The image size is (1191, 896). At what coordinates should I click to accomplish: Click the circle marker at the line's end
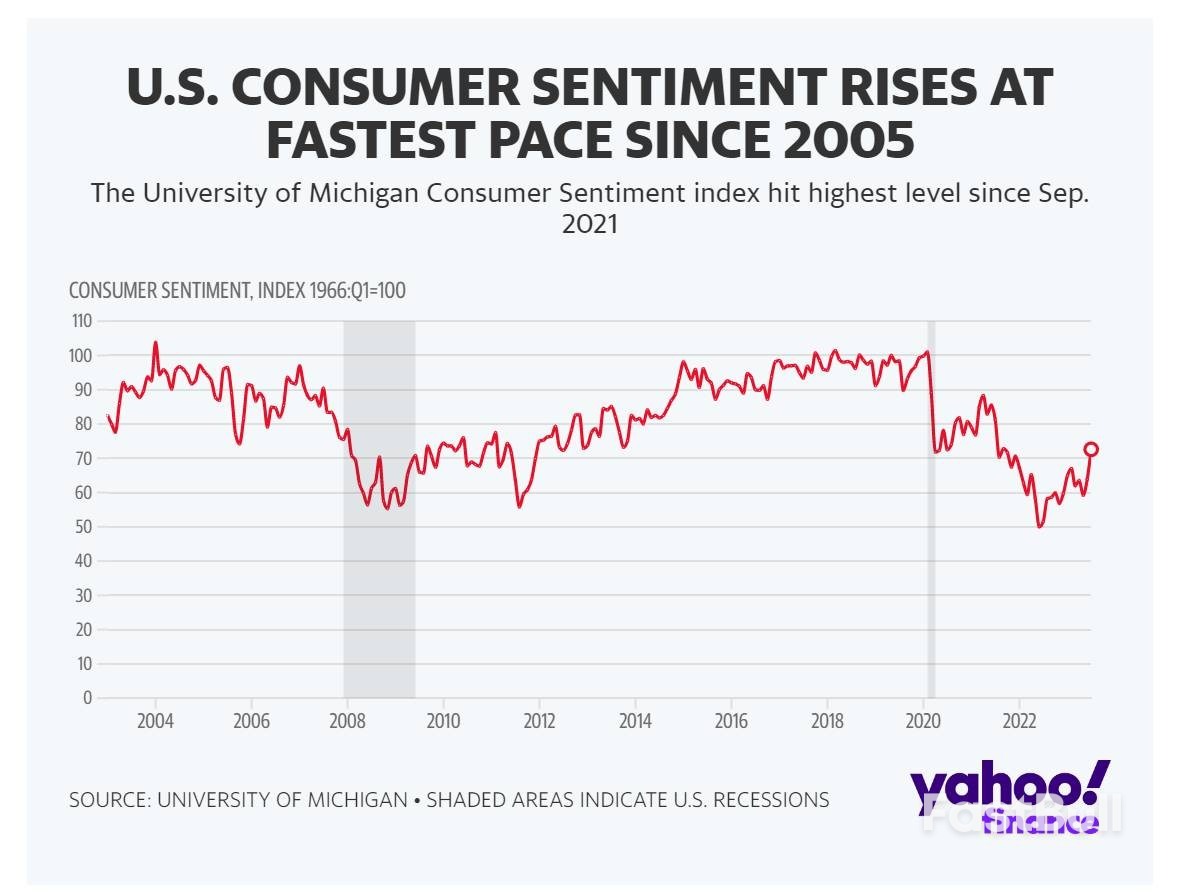click(x=1091, y=449)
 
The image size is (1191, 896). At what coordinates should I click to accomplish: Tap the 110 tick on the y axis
click(x=81, y=321)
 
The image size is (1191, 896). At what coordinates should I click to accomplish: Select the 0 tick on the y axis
click(x=88, y=697)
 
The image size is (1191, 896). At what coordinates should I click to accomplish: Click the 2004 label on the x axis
click(x=155, y=721)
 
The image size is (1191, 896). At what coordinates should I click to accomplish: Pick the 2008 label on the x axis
click(x=347, y=721)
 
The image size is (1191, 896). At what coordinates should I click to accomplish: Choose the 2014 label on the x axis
click(x=635, y=721)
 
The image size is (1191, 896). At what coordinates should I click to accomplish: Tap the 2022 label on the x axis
click(x=1019, y=721)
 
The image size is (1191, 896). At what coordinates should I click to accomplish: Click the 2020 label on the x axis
click(x=923, y=721)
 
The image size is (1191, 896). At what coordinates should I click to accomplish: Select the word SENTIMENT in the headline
click(x=604, y=88)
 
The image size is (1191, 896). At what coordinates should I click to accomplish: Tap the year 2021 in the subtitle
click(x=590, y=225)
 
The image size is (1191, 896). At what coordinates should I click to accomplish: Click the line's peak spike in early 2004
click(x=155, y=343)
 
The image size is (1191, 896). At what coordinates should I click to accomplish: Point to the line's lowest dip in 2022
click(x=1040, y=525)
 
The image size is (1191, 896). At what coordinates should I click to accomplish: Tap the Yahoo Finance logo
click(x=1010, y=796)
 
